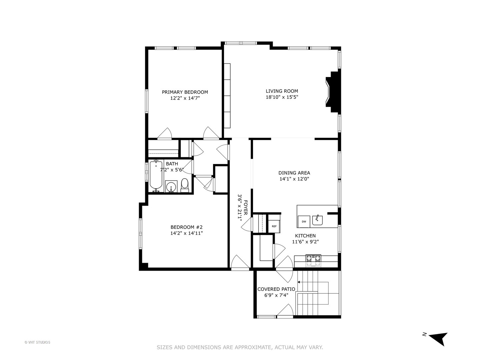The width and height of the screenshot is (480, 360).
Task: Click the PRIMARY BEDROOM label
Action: click(185, 92)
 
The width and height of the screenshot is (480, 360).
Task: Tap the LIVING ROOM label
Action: click(282, 91)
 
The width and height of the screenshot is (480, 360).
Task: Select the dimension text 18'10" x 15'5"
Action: click(282, 97)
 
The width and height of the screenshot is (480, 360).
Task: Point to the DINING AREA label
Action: click(294, 173)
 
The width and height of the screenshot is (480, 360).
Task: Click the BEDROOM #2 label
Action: click(186, 227)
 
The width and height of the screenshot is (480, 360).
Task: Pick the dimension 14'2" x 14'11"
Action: click(186, 233)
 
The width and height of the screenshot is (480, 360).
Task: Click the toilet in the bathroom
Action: click(185, 185)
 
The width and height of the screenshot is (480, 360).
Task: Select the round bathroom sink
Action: click(171, 187)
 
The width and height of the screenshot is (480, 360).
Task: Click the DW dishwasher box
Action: click(304, 221)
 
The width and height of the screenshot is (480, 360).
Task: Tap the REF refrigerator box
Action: click(274, 226)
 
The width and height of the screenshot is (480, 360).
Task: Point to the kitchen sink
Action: click(317, 220)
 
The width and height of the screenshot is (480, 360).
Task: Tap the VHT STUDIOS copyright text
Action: click(37, 342)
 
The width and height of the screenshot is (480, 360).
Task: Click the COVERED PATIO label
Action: click(276, 289)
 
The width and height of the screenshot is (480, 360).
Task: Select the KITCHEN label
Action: click(305, 236)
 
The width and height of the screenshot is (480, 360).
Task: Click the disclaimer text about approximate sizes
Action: click(240, 347)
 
